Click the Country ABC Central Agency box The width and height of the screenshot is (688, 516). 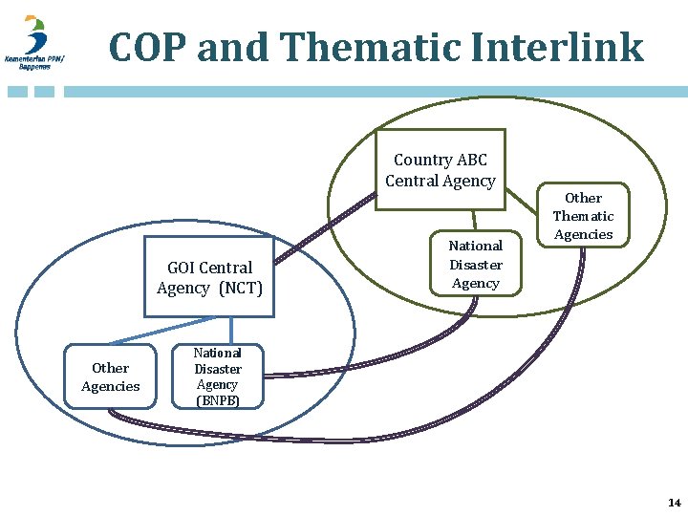pos(440,170)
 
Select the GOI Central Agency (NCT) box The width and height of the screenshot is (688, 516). pos(209,277)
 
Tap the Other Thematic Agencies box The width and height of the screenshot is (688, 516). pos(583,216)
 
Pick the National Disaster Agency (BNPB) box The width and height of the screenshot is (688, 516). pos(218,376)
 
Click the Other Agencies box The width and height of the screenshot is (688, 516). pos(110,376)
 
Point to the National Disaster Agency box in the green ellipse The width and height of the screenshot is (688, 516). pos(475,264)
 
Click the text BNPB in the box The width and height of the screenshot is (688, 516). pos(218,400)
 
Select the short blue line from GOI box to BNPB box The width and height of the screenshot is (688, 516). pos(230,330)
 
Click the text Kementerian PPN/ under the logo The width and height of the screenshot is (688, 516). pos(33,59)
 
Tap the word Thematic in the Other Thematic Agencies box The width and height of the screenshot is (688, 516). pos(583,216)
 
